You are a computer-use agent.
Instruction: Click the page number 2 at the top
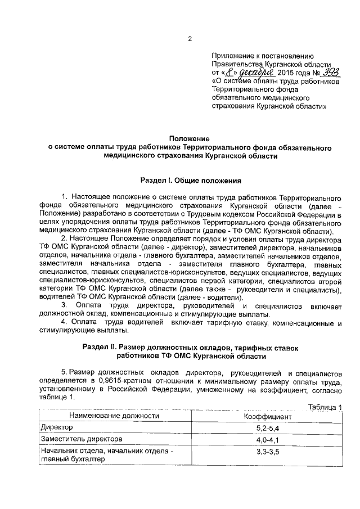tap(190, 39)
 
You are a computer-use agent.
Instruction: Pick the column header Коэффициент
tap(267, 417)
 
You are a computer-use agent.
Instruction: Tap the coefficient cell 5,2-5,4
tap(267, 429)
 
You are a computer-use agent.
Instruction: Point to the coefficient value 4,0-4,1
tap(267, 440)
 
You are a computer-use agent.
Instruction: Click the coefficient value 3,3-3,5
tap(267, 451)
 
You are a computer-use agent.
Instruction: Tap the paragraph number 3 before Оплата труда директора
tap(64, 305)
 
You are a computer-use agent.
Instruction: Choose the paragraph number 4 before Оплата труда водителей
tap(64, 323)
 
